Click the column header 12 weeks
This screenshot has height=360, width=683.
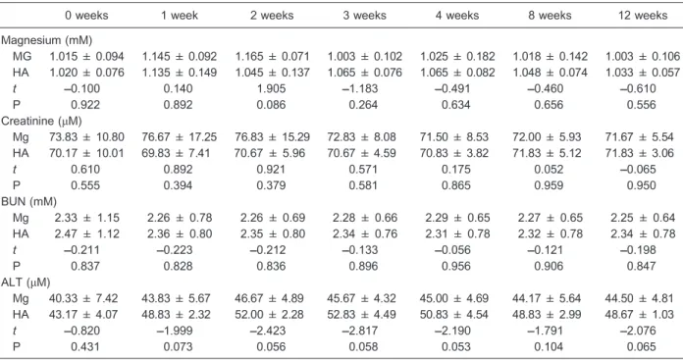click(643, 16)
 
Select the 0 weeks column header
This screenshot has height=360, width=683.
click(86, 16)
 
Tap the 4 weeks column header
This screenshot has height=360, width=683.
click(457, 16)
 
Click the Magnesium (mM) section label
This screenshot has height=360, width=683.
click(46, 40)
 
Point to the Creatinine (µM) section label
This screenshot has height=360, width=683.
click(41, 121)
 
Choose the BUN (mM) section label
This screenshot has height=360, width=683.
click(28, 202)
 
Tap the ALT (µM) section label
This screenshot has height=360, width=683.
click(26, 283)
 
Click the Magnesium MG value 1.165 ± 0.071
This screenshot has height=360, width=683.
click(272, 57)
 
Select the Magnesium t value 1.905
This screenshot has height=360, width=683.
click(271, 89)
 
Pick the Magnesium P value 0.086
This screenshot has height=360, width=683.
click(271, 105)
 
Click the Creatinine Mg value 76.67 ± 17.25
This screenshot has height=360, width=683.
click(179, 137)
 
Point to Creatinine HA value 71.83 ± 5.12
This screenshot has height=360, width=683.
click(547, 153)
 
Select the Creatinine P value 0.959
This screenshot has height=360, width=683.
click(549, 185)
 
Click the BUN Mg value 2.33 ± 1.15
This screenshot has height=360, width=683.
click(86, 218)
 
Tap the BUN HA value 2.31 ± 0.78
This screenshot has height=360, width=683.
click(458, 233)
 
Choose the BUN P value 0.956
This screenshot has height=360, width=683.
click(456, 266)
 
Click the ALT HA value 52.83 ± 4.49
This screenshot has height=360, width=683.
click(361, 314)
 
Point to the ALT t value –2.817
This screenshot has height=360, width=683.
click(360, 331)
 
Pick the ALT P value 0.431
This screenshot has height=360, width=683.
click(85, 347)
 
